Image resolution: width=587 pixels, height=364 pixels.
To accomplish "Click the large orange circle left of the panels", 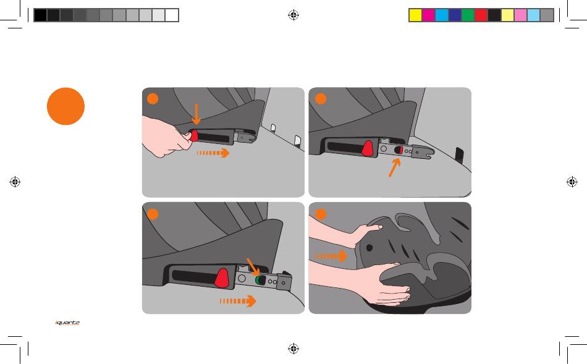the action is point(65,106).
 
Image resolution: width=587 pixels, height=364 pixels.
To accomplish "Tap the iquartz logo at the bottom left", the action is point(67,323).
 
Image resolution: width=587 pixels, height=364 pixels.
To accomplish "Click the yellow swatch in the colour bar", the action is point(415,15).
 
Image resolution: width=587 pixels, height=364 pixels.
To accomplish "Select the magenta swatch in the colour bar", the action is point(428,15).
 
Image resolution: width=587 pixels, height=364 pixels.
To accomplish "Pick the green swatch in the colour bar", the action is point(468,15).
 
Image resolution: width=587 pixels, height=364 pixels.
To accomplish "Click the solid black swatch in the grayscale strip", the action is point(40,15).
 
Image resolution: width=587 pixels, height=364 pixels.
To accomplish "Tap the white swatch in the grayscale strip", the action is point(172,15).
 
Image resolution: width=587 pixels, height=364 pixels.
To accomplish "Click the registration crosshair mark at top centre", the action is point(293,15).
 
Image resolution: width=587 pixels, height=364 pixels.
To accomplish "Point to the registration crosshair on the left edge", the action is point(15,182).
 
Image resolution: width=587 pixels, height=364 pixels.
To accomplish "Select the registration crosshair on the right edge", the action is point(572,182).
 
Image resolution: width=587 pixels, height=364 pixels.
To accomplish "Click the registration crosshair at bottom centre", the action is point(293,349).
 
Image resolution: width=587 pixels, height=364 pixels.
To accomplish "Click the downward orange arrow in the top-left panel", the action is point(196,114).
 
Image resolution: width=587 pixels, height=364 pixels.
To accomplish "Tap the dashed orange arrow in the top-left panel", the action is point(213,153).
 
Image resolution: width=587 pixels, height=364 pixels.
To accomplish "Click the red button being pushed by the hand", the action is point(193,135).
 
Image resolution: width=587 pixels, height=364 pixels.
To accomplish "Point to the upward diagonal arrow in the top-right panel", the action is point(394,167).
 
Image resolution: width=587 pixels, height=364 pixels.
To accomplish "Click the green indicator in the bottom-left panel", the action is point(258,280).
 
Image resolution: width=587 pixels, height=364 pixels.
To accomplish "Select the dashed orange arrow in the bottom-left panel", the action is point(238,301).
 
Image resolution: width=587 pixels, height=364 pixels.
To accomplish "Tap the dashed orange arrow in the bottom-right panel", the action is point(330,256).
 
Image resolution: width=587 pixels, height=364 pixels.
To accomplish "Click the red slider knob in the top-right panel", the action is point(368,148).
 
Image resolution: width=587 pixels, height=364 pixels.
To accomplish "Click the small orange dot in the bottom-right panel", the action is point(321,214).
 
